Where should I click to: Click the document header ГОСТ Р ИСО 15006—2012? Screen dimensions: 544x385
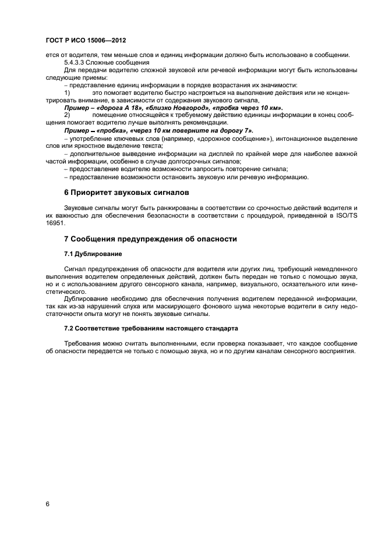click(x=86, y=40)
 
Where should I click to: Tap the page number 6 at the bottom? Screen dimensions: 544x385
click(x=48, y=503)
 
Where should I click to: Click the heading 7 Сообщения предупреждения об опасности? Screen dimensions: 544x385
click(x=150, y=239)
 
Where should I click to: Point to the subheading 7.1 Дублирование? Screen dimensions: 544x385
click(x=93, y=254)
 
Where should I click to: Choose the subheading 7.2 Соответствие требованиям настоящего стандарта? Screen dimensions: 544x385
click(x=151, y=329)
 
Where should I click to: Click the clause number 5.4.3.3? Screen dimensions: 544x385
click(x=76, y=62)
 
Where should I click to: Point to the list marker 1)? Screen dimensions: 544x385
click(x=67, y=93)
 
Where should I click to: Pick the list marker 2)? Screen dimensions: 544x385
click(x=67, y=115)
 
